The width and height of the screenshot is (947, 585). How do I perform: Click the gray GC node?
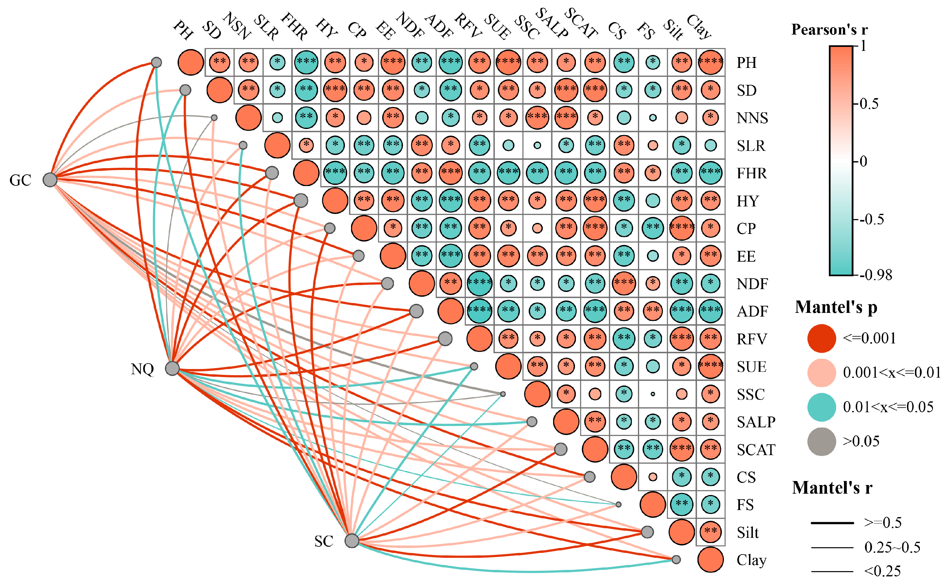tap(50, 180)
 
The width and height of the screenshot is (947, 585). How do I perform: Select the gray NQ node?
tap(172, 368)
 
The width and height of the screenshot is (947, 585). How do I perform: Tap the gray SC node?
tap(351, 541)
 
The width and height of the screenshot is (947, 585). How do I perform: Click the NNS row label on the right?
tap(752, 118)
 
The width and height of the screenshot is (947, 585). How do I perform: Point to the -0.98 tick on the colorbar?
tap(875, 275)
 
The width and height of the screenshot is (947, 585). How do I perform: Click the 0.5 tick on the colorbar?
tap(869, 104)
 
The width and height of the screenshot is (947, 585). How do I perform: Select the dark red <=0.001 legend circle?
tap(821, 338)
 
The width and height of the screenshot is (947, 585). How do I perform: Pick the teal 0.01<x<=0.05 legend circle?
tap(821, 407)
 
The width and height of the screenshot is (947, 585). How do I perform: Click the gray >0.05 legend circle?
tap(821, 442)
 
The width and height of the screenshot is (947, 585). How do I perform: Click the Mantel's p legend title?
tap(836, 307)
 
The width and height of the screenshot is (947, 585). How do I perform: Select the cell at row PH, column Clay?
tap(710, 62)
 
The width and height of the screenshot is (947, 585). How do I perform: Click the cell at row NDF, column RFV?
tap(479, 283)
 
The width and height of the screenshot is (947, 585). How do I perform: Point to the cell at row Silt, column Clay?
tap(710, 532)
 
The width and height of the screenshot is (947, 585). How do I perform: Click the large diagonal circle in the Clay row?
tap(710, 559)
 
